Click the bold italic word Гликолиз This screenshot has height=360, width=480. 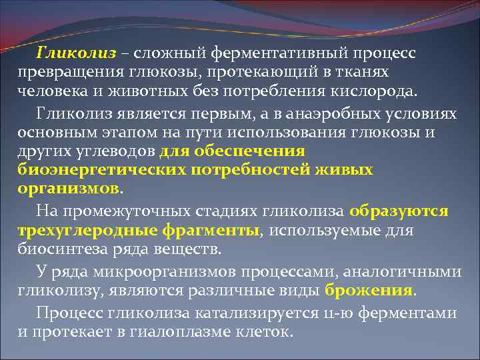tap(76, 52)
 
